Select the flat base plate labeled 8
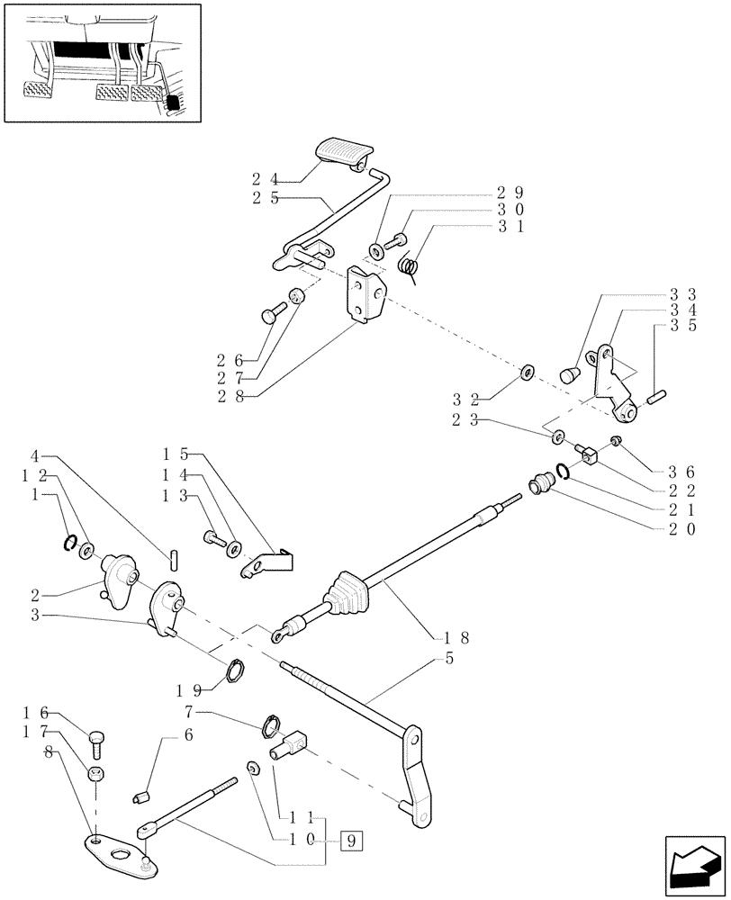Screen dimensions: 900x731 point(113,846)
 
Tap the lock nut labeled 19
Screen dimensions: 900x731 point(234,670)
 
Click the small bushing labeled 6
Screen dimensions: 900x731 point(140,795)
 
